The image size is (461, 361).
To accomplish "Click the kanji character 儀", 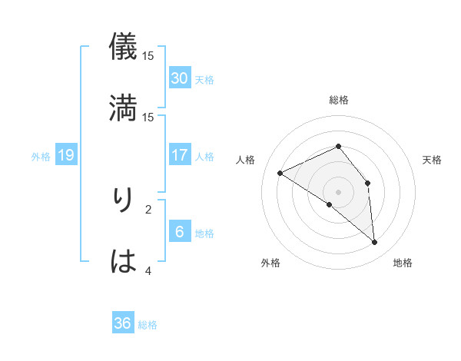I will (123, 46).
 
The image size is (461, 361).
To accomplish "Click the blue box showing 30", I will (180, 78).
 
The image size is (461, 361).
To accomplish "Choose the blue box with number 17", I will (180, 155).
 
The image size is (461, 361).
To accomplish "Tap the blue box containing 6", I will (180, 232).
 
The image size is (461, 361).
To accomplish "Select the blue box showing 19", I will (66, 155).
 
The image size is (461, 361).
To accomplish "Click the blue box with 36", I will (123, 323).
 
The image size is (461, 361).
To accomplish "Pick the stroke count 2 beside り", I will (148, 208).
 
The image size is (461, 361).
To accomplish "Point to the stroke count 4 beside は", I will (148, 270).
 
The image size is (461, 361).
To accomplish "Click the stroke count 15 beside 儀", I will (148, 55).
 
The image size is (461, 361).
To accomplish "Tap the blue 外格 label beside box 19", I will (41, 156).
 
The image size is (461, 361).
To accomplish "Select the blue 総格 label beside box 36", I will (148, 324).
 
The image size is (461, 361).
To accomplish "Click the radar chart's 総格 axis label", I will (339, 100).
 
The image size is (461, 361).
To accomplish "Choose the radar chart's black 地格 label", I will (403, 263).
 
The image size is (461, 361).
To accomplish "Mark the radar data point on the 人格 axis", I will (280, 173).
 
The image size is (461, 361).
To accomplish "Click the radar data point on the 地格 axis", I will (375, 243).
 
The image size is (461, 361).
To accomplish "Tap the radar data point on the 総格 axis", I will (339, 146).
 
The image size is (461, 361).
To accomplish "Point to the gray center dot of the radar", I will (339, 191).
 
